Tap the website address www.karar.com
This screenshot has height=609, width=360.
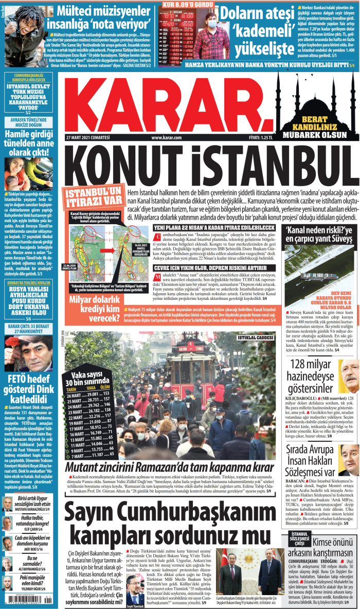167,138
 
